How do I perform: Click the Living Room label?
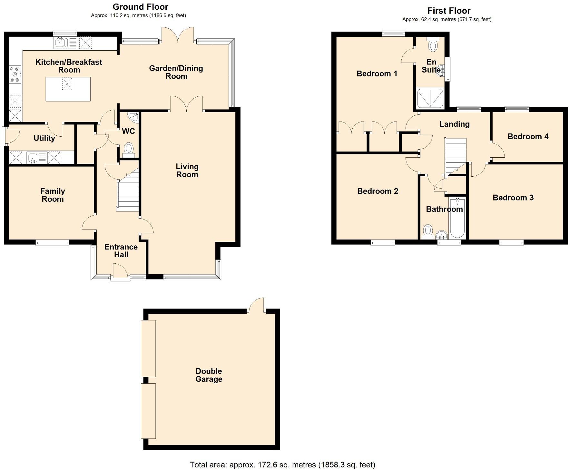click(x=187, y=171)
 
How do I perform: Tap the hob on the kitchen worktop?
click(x=15, y=74)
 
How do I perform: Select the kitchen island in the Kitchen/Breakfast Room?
click(x=68, y=89)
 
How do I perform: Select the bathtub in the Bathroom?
click(x=457, y=218)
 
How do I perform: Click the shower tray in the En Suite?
click(x=430, y=98)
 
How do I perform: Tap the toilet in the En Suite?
click(x=433, y=45)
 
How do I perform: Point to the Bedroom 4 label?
click(x=528, y=136)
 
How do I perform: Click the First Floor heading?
click(x=449, y=11)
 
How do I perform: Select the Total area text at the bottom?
click(x=282, y=465)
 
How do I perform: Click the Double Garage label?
click(x=209, y=375)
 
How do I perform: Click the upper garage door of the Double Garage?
click(x=148, y=348)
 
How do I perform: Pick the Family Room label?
click(x=53, y=195)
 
